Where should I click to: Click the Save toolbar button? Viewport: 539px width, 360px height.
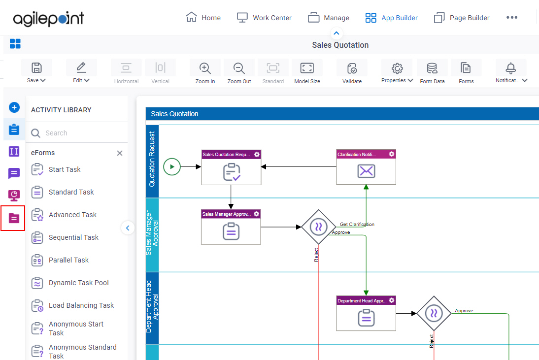[36, 71]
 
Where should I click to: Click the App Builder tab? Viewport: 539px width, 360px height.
[392, 18]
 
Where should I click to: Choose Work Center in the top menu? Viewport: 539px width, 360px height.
[264, 18]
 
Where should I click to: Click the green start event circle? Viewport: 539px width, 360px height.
[172, 166]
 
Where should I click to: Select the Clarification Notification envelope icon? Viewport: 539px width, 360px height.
[366, 171]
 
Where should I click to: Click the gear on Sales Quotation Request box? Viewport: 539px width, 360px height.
[257, 155]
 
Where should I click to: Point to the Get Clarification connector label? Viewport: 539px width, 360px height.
[357, 224]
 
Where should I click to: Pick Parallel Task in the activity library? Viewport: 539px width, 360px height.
[69, 260]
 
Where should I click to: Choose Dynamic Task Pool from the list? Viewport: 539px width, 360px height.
[79, 283]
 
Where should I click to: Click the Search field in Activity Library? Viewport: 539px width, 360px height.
[77, 133]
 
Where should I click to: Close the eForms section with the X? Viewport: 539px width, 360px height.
[120, 153]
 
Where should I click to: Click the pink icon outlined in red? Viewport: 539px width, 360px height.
[14, 218]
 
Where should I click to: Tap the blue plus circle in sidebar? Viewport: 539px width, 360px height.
[14, 107]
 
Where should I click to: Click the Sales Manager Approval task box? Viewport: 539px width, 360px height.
[231, 227]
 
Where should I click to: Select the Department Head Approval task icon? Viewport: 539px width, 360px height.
[366, 318]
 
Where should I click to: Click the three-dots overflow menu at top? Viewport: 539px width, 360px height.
[512, 18]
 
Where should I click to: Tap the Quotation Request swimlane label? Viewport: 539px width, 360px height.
[152, 159]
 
